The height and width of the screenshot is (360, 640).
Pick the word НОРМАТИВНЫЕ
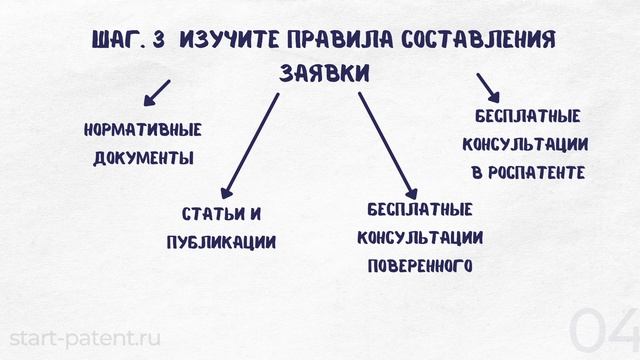144,130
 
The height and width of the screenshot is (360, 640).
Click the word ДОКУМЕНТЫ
144,158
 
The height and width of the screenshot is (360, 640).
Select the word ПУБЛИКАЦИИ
221,243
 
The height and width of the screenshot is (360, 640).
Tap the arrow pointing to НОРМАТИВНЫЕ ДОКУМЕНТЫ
156,93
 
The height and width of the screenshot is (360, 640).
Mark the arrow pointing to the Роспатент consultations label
488,87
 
